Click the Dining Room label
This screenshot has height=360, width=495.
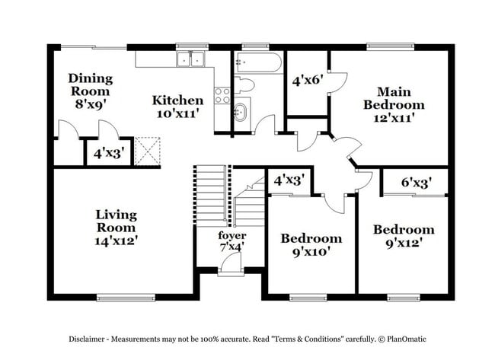(91, 85)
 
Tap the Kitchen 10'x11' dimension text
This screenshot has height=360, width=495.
(177, 113)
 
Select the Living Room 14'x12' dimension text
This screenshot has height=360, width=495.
(117, 241)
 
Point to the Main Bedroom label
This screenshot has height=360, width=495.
(394, 98)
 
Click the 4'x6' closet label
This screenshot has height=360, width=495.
(308, 81)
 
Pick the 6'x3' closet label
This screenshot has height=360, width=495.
(417, 182)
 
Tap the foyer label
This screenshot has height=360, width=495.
(232, 235)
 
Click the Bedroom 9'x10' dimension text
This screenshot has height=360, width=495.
(311, 252)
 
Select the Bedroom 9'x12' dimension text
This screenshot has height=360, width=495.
(404, 243)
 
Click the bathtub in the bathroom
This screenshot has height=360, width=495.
(258, 62)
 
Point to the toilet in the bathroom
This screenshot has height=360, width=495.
(244, 85)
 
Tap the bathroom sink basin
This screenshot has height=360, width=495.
(241, 112)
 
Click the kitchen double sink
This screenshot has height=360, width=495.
(190, 59)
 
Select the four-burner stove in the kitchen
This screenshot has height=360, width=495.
(222, 96)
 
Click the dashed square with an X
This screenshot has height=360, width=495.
(147, 151)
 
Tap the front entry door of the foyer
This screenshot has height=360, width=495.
(231, 266)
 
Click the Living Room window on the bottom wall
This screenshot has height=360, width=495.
(126, 298)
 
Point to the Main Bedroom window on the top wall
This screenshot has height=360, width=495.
(391, 47)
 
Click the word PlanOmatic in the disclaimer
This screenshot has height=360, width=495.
(407, 339)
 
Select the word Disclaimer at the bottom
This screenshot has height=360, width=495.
(87, 339)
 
